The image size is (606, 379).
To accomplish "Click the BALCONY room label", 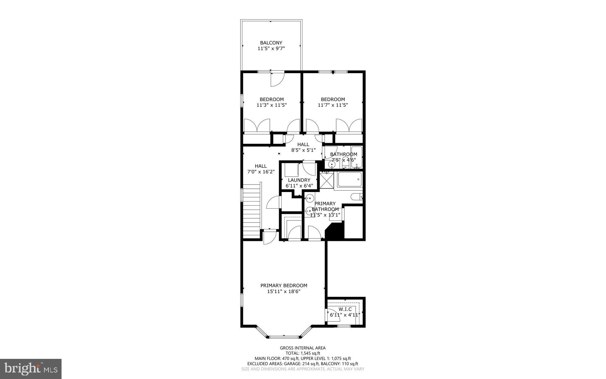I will tap(271, 43).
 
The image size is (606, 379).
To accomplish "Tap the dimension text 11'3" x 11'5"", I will tap(271, 105).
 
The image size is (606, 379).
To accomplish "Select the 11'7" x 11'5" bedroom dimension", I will tap(333, 105).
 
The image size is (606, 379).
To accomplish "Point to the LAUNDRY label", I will tap(299, 180).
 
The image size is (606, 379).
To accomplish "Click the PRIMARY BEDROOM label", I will tap(284, 286).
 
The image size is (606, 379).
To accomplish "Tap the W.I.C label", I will tap(345, 309).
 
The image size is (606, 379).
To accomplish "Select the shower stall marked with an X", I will tap(327, 180).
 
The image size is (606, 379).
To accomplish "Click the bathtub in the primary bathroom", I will tap(349, 180).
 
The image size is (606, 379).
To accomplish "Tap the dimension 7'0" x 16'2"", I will tap(261, 172).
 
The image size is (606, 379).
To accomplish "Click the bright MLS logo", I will tap(31, 369).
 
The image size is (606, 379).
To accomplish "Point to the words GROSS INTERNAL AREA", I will tap(303, 348).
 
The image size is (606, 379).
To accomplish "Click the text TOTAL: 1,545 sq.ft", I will tap(303, 353).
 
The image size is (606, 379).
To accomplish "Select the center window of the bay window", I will tap(284, 337).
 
